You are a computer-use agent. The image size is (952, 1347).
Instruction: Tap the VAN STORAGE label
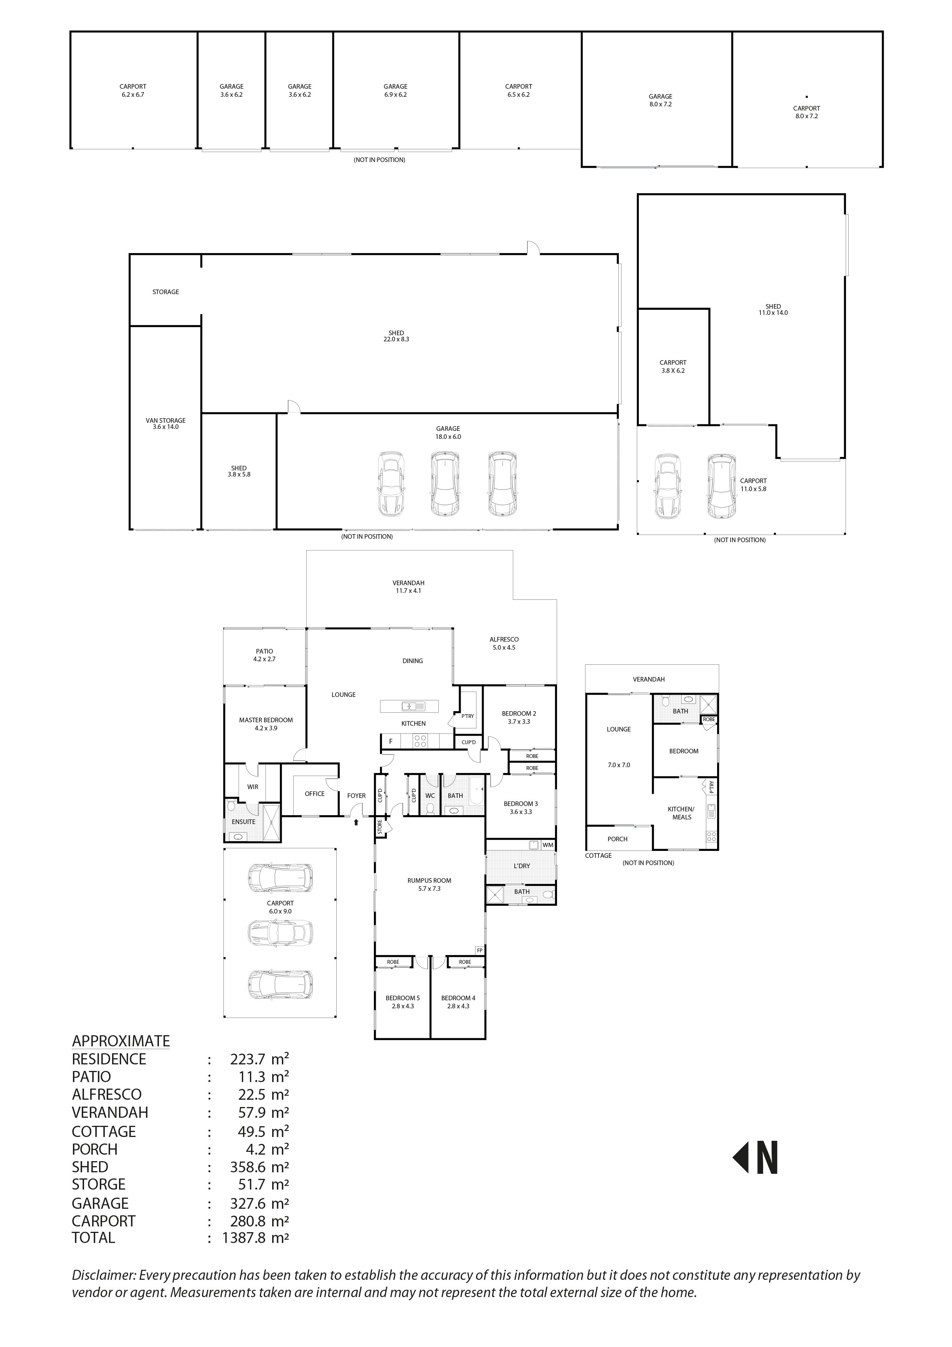[x=165, y=420]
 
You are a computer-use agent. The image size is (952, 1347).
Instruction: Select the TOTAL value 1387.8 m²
[x=255, y=1238]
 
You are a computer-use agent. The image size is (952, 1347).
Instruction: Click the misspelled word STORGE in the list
[x=99, y=1185]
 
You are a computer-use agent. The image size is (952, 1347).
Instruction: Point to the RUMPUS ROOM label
[x=430, y=880]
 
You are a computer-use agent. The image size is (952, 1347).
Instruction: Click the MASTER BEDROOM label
[x=266, y=720]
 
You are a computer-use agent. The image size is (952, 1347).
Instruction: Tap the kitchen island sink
[x=409, y=706]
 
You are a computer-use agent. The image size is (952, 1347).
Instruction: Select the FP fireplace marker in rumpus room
[x=479, y=950]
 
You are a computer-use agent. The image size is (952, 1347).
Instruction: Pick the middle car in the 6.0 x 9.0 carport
[x=280, y=932]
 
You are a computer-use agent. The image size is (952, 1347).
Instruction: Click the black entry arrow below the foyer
[x=356, y=822]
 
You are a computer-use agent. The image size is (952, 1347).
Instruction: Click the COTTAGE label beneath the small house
[x=598, y=856]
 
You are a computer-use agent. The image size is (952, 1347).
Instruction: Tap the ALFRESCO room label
[x=504, y=639]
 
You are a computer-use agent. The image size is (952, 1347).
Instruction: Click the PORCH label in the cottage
[x=617, y=839]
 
